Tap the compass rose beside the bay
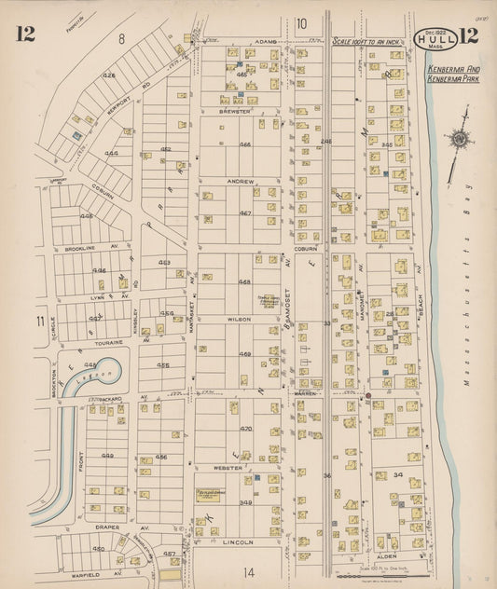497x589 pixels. [x=459, y=140]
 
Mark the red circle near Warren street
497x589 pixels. [x=369, y=395]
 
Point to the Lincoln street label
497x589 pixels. [x=238, y=541]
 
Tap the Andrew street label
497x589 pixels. [x=240, y=181]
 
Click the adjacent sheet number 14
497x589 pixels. [x=248, y=570]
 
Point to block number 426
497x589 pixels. [x=109, y=75]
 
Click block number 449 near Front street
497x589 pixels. [x=107, y=457]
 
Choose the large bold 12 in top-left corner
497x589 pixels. [x=25, y=34]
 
